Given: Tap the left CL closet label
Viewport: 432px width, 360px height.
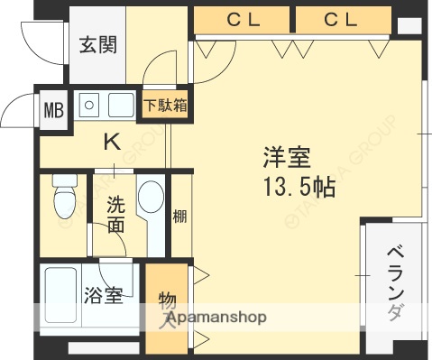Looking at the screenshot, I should pyautogui.click(x=244, y=18).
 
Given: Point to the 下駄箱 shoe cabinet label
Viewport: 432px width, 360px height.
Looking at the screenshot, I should pyautogui.click(x=167, y=104).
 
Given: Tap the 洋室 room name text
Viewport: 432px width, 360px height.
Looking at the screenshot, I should pyautogui.click(x=287, y=159).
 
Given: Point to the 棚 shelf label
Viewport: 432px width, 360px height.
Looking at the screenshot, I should pyautogui.click(x=179, y=216).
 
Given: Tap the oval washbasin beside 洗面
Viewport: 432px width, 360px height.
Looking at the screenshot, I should pyautogui.click(x=151, y=201).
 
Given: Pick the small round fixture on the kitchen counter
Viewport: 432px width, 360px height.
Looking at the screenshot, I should pyautogui.click(x=89, y=106).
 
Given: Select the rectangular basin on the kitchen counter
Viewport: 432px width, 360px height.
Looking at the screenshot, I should pyautogui.click(x=121, y=106).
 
